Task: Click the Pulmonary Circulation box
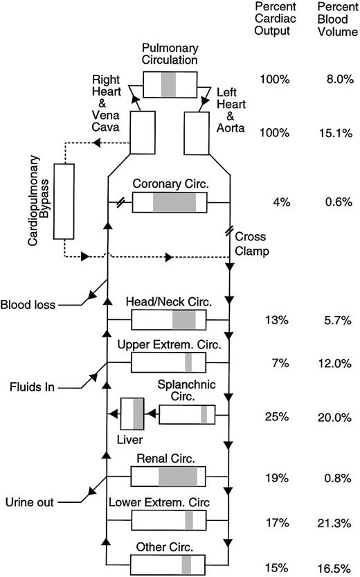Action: pos(169,84)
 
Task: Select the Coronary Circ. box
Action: pos(169,202)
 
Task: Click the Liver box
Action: pos(132,414)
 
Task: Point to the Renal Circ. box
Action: pos(168,477)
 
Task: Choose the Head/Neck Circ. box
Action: pos(168,319)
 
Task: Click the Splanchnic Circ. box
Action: pos(187,414)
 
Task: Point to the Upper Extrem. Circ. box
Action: pos(168,362)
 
